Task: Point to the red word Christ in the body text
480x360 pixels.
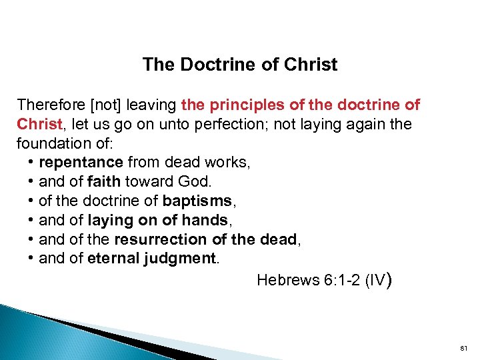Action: (x=39, y=124)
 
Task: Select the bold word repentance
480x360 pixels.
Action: (x=81, y=163)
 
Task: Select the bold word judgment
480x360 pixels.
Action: (x=180, y=258)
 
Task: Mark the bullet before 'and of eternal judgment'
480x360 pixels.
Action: (x=31, y=259)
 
